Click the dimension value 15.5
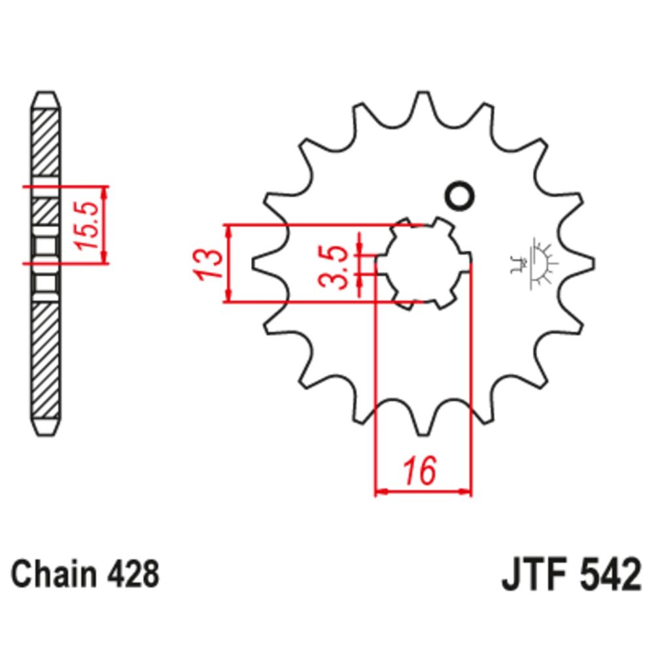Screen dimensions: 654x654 tap(88, 226)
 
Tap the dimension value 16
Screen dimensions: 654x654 tap(419, 472)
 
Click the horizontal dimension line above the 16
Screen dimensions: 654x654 tap(423, 490)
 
